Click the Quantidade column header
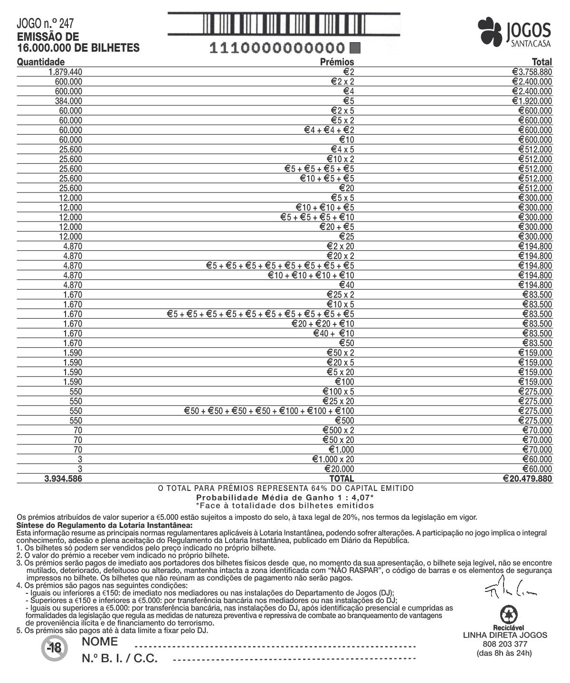point(41,62)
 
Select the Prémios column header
point(337,62)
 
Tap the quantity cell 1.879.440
point(66,72)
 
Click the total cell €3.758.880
point(532,72)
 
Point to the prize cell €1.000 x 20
point(333,459)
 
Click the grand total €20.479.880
point(527,479)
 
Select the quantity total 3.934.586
point(63,479)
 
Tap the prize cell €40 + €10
point(333,333)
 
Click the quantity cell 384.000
point(68,101)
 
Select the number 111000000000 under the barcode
point(277,48)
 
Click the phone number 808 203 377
point(504,644)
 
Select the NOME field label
point(100,642)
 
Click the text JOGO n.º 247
point(45,24)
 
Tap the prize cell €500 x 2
point(338,430)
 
